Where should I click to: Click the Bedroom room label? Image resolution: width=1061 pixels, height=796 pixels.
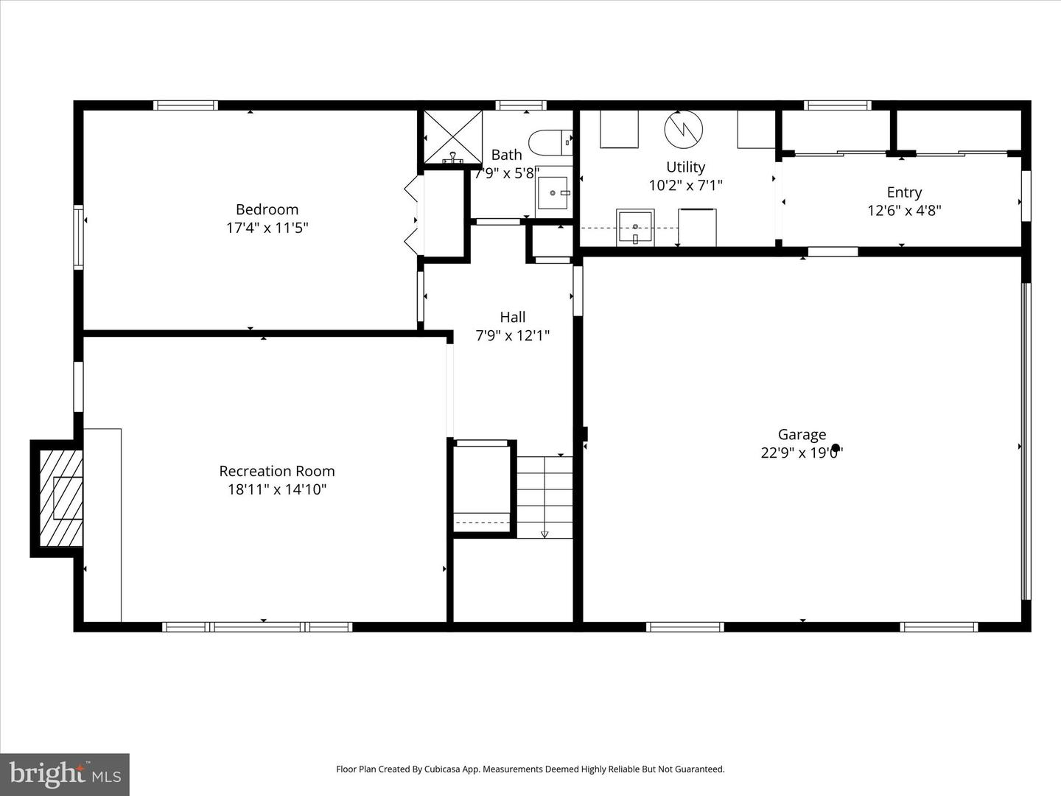[x=267, y=209]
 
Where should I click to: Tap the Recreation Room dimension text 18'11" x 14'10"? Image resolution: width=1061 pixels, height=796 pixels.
[x=276, y=489]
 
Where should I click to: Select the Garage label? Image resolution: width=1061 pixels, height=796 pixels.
[x=802, y=435]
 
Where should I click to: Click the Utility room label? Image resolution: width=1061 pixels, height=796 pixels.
[x=685, y=167]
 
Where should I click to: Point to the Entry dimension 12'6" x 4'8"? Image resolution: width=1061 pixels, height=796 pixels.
[x=904, y=211]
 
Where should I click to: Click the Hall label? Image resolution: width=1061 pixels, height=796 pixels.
[x=513, y=317]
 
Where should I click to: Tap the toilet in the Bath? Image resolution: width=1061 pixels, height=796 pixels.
[x=549, y=142]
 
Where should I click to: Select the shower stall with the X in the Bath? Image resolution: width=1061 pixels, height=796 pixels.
[x=451, y=136]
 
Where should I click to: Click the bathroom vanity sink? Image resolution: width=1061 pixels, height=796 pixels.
[x=553, y=192]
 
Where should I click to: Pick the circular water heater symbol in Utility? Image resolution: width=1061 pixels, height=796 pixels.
[x=684, y=129]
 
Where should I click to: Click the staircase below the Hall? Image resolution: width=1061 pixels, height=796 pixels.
[x=544, y=497]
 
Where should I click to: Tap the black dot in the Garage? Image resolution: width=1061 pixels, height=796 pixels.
[x=836, y=447]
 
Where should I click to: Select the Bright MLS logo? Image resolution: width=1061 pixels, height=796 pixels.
[x=65, y=774]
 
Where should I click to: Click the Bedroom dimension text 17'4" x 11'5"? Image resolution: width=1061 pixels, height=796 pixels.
[x=267, y=228]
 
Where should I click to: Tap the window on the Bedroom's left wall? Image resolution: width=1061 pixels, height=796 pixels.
[x=78, y=236]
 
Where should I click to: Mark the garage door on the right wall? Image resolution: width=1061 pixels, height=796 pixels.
[x=1025, y=441]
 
